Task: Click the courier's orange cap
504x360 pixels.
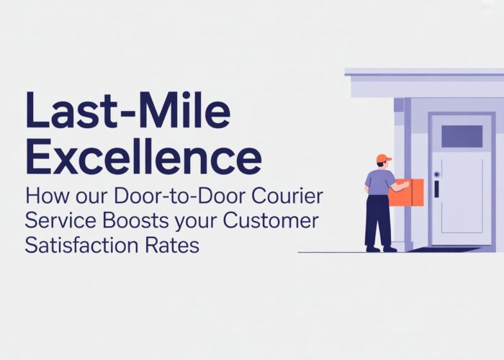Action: [x=384, y=158]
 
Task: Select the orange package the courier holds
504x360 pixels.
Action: [x=408, y=192]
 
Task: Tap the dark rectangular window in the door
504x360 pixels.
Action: [x=462, y=136]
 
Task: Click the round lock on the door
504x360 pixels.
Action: [x=436, y=175]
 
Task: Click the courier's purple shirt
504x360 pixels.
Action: [x=379, y=182]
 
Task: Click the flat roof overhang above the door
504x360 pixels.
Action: [x=425, y=83]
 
